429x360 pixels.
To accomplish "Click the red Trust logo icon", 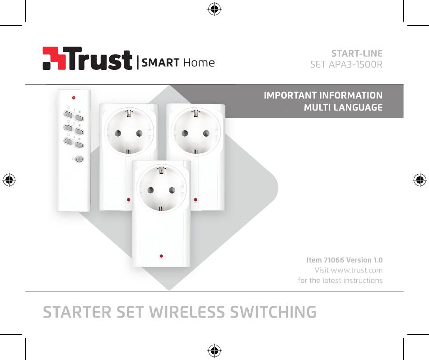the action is click(54, 58).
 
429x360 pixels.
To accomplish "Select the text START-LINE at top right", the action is click(357, 53).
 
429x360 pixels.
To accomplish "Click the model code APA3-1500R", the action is click(355, 65).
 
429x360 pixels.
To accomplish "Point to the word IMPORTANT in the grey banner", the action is click(290, 95).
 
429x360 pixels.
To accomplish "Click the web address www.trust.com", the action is click(357, 270).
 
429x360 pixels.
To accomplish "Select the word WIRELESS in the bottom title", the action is click(187, 312).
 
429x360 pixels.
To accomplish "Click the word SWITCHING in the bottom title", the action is click(273, 312).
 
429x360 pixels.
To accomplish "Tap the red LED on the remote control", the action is click(74, 97).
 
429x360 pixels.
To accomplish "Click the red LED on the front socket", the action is click(161, 256).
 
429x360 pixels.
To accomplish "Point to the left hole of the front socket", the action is click(150, 190).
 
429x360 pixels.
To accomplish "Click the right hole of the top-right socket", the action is click(206, 134).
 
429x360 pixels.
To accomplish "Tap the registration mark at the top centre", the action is click(214, 9).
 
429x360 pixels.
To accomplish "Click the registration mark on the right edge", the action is click(420, 180).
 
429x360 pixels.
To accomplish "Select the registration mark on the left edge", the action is click(9, 180).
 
